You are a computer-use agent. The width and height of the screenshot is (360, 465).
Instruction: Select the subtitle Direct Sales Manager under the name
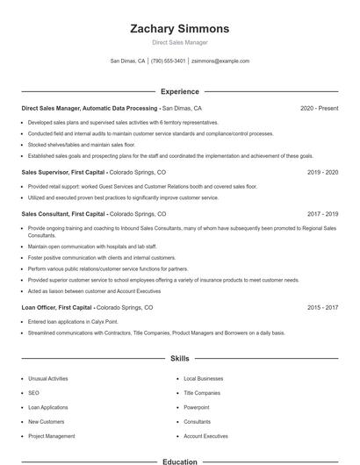179,42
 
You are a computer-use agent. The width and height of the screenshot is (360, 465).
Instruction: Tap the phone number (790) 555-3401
168,61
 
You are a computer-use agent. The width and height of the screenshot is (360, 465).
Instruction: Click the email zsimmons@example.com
220,61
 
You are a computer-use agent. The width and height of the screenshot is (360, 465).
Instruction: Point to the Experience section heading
179,91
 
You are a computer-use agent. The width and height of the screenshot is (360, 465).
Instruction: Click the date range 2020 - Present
319,108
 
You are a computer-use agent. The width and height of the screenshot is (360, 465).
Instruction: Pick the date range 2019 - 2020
323,173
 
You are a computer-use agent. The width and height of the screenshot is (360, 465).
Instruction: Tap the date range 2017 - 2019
323,213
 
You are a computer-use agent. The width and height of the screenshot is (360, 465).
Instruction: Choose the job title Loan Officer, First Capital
57,308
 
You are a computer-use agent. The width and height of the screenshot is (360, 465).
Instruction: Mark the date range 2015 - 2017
323,308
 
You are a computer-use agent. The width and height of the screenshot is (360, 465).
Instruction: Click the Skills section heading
179,359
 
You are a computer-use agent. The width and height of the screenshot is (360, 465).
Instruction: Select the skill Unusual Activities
47,378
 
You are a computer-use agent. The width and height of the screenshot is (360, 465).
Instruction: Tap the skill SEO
33,393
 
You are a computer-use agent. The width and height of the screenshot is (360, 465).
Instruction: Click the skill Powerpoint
197,407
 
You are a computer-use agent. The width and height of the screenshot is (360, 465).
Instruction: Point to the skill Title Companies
202,393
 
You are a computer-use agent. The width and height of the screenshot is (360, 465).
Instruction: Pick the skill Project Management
51,436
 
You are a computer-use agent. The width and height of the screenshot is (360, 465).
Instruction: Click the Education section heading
179,461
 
